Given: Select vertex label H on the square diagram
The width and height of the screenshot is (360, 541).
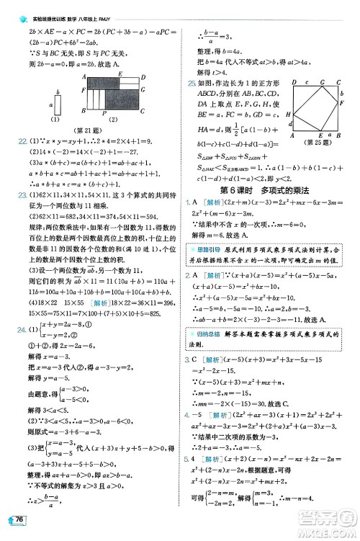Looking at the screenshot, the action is [x=287, y=115].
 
